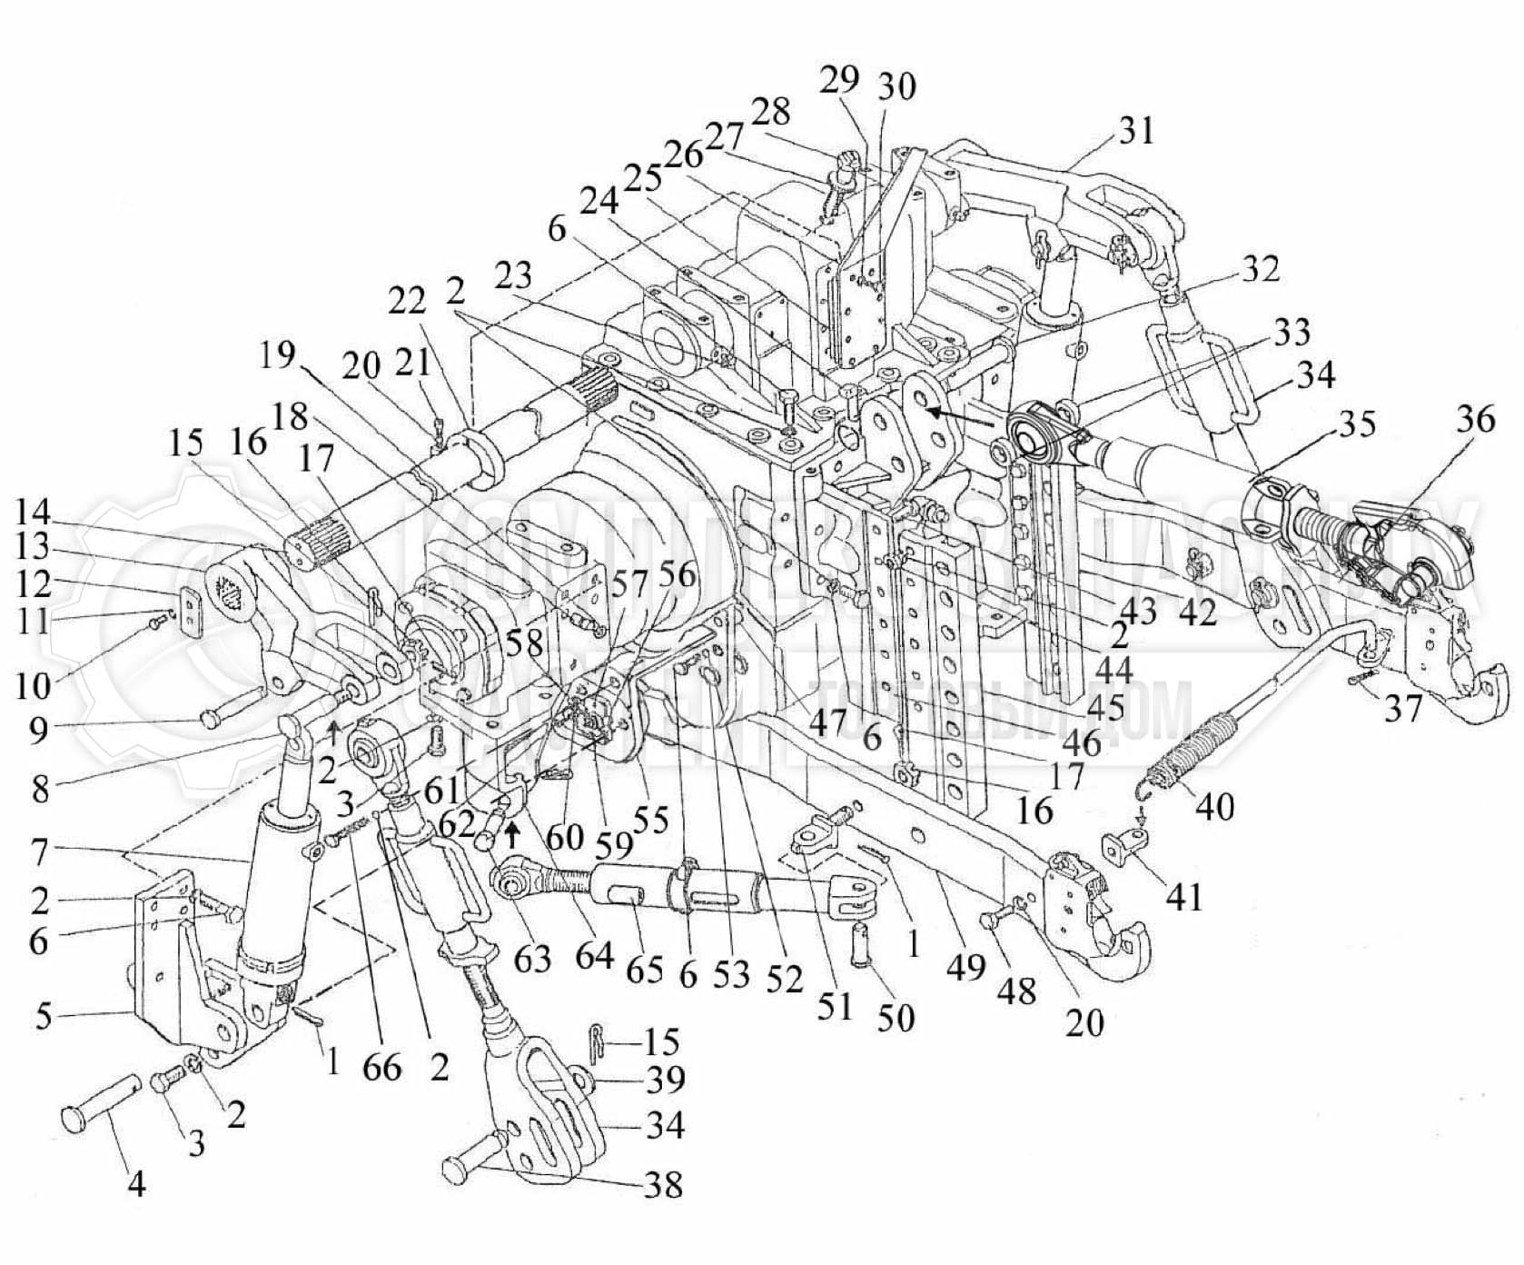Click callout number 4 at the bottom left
coord(136,1183)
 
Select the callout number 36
coord(1475,420)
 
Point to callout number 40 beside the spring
coord(1215,805)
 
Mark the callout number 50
coord(896,1017)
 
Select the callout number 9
coord(38,730)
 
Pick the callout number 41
coord(1184,897)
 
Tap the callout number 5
coord(44,1015)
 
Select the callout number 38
coord(662,1185)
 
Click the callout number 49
coord(965,967)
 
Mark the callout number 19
coord(276,355)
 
